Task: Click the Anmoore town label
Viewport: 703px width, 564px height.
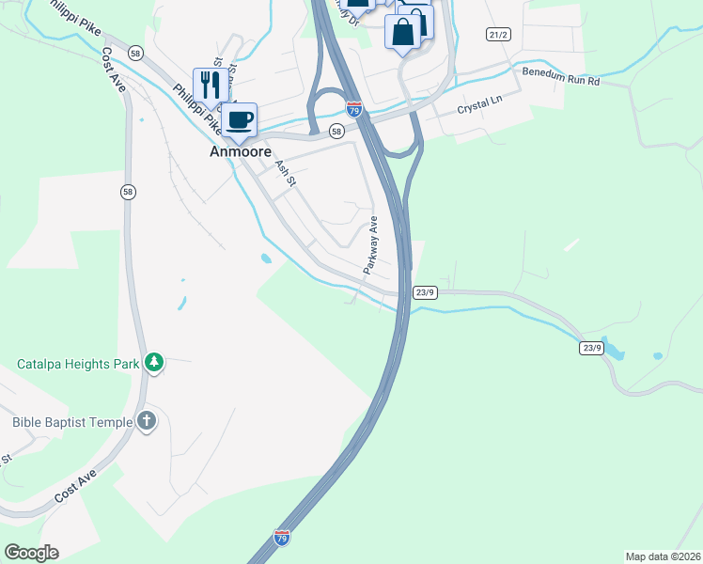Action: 240,151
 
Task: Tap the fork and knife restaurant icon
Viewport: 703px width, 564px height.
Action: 209,85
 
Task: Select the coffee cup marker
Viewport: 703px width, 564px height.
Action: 239,120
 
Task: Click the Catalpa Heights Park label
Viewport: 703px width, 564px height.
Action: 78,363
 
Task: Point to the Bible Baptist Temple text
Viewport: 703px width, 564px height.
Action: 72,422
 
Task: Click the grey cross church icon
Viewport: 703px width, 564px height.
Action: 147,421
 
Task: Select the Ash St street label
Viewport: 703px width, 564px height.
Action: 285,172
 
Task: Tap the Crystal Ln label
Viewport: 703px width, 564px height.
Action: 475,109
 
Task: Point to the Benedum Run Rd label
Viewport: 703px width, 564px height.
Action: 561,76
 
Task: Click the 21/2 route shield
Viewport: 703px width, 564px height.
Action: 498,35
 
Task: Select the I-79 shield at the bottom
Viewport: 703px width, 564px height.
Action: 282,537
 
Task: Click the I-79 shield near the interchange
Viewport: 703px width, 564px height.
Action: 354,109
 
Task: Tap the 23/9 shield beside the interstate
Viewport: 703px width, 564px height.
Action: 425,292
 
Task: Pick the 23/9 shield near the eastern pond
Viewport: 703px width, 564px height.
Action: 590,348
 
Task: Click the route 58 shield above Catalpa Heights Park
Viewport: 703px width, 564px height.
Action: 129,192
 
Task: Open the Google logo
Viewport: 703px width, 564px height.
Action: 31,553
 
